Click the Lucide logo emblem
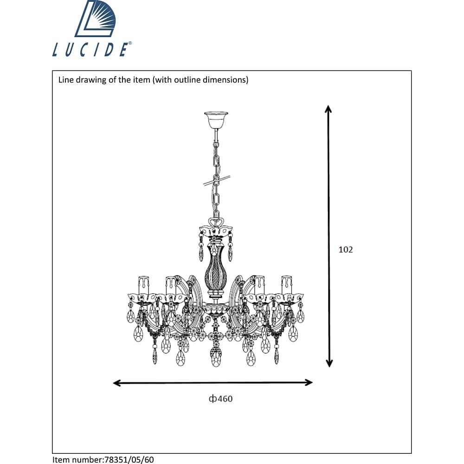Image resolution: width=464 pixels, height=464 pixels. pos(95,19)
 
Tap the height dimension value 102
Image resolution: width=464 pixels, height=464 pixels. pos(346,250)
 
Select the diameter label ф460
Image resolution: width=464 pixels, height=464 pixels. pos(221,399)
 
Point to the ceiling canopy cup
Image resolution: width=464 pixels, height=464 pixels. pos(216,120)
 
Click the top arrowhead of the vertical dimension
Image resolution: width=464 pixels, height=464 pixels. pos(328,109)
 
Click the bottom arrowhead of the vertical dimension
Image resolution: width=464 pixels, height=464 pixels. pos(329,363)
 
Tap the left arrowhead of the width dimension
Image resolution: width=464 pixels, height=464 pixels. pos(117,383)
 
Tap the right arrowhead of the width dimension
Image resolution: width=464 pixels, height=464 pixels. pos(309,382)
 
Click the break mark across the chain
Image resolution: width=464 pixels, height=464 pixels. pos(217,180)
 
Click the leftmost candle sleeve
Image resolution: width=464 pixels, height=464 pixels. pos(143,285)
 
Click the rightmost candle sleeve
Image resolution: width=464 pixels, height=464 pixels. pos(287,285)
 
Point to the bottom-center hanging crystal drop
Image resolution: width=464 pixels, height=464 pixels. pos(216,356)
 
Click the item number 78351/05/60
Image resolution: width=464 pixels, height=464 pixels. pos(129,459)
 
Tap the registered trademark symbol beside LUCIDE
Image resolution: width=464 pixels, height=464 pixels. pos(130,44)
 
